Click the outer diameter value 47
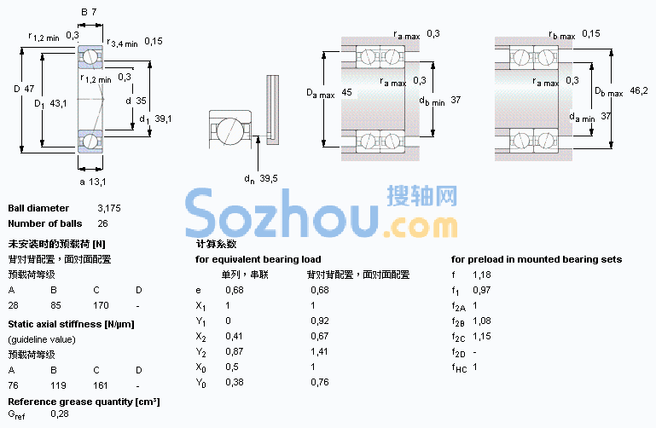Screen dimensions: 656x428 point(29,89)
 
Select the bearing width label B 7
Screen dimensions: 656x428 point(89,12)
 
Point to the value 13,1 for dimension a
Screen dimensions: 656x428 point(97,182)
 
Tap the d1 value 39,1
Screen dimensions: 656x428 point(163,119)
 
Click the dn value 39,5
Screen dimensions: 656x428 point(269,178)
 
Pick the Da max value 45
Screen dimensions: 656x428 point(347,92)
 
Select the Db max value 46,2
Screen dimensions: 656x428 point(639,90)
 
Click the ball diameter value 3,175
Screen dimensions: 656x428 point(109,208)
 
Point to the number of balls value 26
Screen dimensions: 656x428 point(103,223)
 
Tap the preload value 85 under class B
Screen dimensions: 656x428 point(55,305)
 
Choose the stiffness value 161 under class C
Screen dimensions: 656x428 point(101,385)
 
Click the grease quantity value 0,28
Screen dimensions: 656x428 point(60,414)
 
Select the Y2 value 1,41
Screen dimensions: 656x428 point(320,351)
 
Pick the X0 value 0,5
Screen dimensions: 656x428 point(232,367)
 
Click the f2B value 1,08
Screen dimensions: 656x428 point(482,321)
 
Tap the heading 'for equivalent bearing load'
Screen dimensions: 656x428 point(258,259)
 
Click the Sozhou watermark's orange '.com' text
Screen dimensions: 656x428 point(420,227)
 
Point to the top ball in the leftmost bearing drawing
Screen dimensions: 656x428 point(90,56)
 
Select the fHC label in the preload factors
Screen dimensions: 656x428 point(459,367)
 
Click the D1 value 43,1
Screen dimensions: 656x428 point(58,103)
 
